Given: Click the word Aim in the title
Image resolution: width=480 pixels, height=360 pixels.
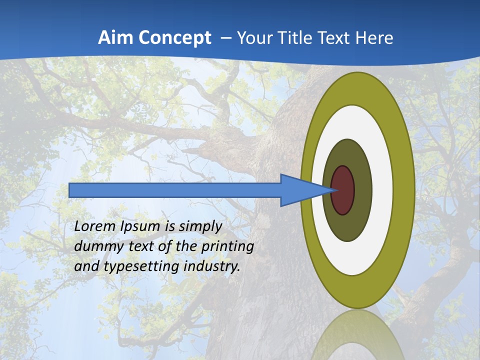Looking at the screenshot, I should (115, 38).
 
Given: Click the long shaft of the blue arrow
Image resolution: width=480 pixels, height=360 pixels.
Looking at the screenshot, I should (175, 190).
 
